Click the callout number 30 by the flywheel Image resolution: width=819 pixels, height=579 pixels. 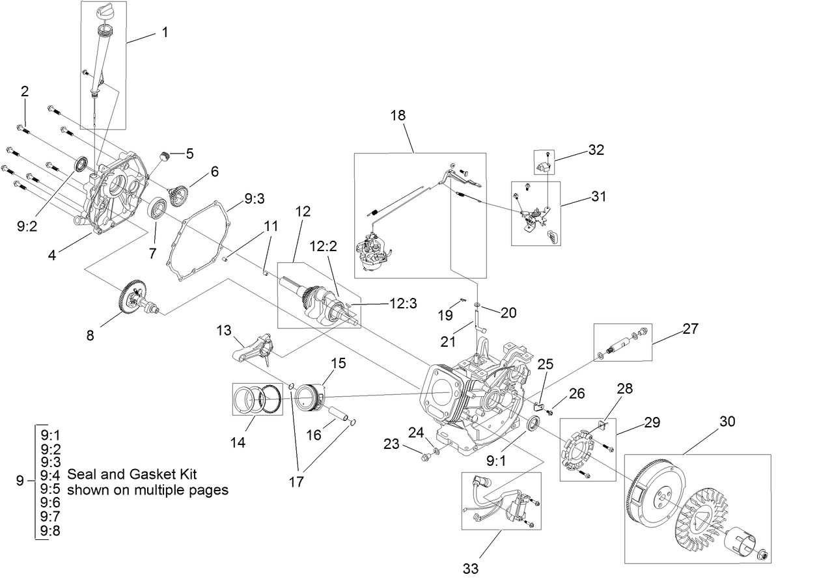tap(727, 422)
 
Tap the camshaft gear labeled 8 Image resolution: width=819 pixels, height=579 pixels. tap(133, 299)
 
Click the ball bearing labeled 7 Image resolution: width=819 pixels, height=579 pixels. tap(158, 209)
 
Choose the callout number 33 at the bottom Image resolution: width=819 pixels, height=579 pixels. tap(471, 569)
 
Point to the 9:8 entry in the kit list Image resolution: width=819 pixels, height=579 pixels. tap(49, 532)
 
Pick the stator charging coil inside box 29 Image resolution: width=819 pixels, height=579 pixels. tap(577, 450)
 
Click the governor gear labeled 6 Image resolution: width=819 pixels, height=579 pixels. tap(180, 196)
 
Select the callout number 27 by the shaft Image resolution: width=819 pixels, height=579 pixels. tap(689, 329)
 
